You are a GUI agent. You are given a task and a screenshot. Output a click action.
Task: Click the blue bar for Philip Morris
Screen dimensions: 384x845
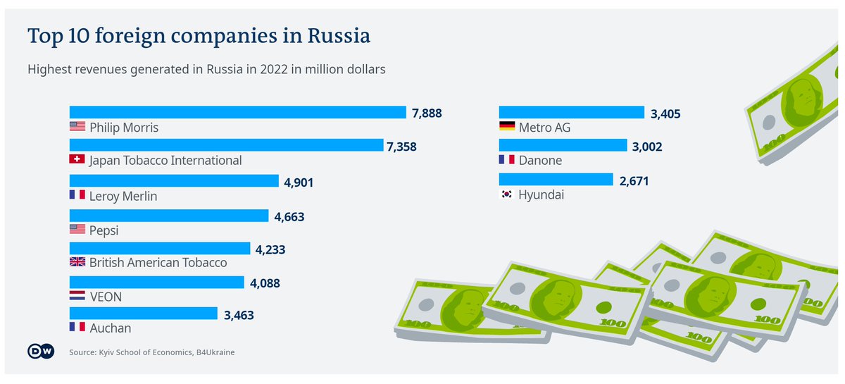237,113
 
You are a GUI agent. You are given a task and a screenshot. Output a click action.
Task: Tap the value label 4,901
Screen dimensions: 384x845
299,182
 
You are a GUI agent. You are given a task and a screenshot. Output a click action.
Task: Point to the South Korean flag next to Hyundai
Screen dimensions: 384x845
506,194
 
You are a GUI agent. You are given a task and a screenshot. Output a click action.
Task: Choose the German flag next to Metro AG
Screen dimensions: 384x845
506,128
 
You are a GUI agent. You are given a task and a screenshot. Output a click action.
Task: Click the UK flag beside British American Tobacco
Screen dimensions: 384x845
77,262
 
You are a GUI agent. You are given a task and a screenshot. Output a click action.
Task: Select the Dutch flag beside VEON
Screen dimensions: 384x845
77,297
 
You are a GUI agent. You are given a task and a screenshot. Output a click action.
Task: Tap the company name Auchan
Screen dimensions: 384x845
110,328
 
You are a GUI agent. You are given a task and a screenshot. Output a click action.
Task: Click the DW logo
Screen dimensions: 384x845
41,352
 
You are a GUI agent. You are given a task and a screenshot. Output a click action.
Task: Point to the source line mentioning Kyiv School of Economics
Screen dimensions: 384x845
151,352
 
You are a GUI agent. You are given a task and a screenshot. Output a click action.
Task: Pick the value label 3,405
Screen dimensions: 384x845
666,113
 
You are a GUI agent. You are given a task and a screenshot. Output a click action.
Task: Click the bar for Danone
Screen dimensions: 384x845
563,146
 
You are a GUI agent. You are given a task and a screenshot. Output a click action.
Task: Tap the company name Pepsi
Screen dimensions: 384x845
104,229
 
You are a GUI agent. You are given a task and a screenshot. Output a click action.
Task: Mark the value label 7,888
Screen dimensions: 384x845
427,113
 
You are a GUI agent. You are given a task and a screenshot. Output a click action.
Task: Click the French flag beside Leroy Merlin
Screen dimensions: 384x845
77,195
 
